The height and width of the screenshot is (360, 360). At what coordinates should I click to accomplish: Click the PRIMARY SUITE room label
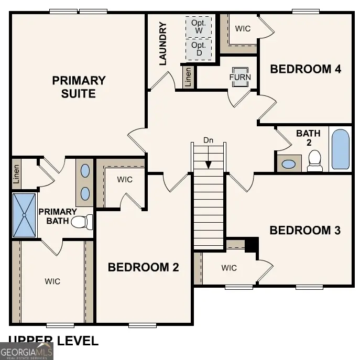pyautogui.click(x=79, y=87)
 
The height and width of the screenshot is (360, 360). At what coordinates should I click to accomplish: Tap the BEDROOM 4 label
pyautogui.click(x=306, y=69)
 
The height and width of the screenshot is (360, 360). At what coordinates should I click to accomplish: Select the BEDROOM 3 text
pyautogui.click(x=305, y=230)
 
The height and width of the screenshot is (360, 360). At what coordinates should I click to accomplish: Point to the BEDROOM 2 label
pyautogui.click(x=143, y=267)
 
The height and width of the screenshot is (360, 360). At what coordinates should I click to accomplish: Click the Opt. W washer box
pyautogui.click(x=199, y=27)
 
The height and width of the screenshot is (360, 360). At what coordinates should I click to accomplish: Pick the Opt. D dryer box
pyautogui.click(x=199, y=49)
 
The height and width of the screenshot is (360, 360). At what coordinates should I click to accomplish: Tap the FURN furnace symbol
pyautogui.click(x=240, y=77)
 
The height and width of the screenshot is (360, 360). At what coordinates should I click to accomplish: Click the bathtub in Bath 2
pyautogui.click(x=340, y=149)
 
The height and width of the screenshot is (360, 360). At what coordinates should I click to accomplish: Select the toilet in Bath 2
pyautogui.click(x=314, y=161)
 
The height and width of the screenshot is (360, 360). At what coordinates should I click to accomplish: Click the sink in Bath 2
pyautogui.click(x=289, y=163)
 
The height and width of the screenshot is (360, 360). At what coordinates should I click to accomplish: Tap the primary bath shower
pyautogui.click(x=24, y=215)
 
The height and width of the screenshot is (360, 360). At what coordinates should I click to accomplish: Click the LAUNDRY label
pyautogui.click(x=162, y=43)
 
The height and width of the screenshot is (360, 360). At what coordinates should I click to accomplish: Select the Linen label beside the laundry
pyautogui.click(x=188, y=77)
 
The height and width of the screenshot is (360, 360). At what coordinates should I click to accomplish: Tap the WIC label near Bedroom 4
pyautogui.click(x=243, y=28)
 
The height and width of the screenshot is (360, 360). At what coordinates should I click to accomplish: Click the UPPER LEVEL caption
pyautogui.click(x=53, y=341)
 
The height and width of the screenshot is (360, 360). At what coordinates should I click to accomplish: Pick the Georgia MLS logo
pyautogui.click(x=26, y=351)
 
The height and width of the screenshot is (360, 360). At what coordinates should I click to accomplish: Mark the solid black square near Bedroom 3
pyautogui.click(x=252, y=245)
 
